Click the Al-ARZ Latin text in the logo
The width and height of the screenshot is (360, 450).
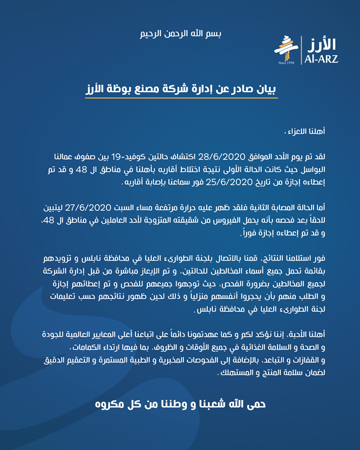321,60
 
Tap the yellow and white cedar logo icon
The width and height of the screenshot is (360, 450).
286,48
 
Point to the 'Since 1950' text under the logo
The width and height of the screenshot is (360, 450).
285,63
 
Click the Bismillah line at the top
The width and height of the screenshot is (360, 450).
181,34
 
